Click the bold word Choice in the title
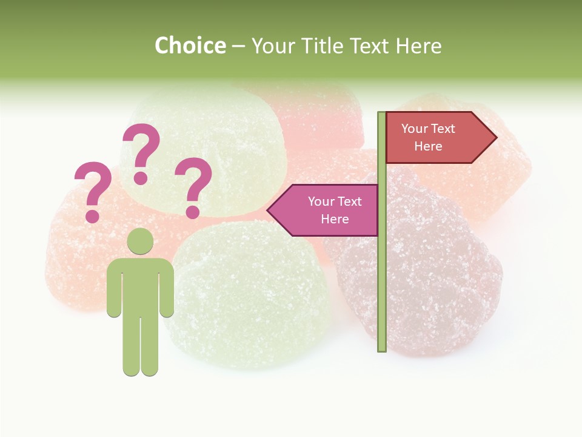(x=190, y=46)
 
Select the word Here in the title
(x=418, y=46)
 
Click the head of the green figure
(x=140, y=241)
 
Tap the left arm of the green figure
(x=114, y=288)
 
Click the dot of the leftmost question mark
(x=93, y=215)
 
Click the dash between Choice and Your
(x=238, y=46)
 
